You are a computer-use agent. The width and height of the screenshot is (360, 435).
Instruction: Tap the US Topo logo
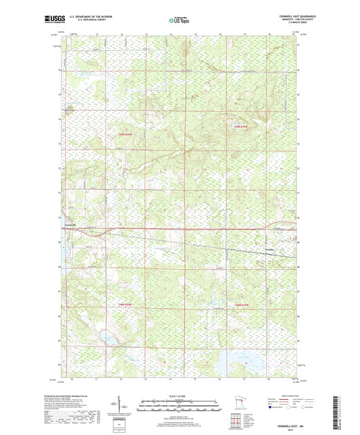[179, 21]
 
